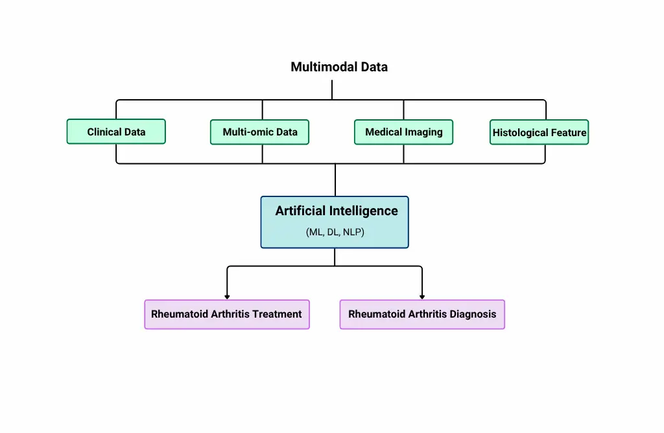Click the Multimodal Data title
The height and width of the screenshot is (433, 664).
coord(338,67)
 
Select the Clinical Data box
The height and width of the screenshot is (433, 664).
coord(116,132)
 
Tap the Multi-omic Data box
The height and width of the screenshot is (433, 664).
coord(259,132)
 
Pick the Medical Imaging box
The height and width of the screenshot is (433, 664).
coord(403,132)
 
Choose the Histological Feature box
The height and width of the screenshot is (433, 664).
coord(539,132)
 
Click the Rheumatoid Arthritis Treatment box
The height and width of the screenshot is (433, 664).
coord(227,314)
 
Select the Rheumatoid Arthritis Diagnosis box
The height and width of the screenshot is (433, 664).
coord(422,314)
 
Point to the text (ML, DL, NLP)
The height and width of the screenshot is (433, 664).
coord(335,232)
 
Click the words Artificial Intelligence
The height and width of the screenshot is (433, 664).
coord(337,211)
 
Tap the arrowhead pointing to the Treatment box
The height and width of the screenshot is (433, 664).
coord(227,297)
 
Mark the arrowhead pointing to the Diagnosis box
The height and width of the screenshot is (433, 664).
coord(421,297)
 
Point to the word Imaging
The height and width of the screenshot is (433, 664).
coord(423,132)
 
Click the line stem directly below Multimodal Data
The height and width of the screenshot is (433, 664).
coord(332,89)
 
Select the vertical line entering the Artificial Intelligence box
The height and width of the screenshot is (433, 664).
coord(335,180)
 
